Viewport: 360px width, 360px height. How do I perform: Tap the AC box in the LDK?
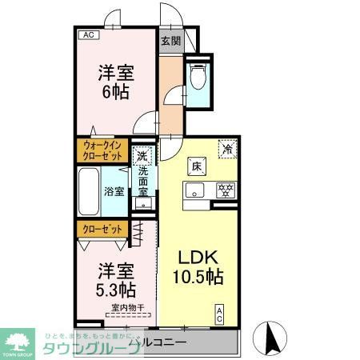218,314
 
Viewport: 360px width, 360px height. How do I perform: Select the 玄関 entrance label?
170,41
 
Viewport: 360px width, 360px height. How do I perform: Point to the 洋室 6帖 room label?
115,81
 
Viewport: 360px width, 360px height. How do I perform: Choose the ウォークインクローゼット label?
100,150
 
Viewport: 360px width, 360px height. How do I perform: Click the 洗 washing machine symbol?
142,156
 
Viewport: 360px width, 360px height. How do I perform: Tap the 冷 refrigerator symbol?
228,148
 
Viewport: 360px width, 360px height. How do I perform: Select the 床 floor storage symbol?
196,166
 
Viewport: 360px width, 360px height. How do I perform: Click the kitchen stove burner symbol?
226,190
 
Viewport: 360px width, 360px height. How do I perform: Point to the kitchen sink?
196,190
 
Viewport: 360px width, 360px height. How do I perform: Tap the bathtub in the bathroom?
90,190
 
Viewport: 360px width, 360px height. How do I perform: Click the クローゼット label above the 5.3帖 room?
100,229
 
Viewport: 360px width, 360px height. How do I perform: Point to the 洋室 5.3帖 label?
116,278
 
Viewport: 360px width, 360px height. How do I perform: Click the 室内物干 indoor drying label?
126,307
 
